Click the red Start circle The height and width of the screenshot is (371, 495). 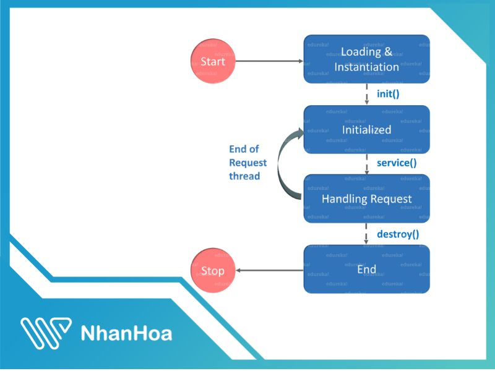pyautogui.click(x=213, y=61)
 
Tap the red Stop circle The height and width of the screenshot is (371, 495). pyautogui.click(x=213, y=271)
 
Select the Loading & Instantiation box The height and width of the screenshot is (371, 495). pyautogui.click(x=366, y=59)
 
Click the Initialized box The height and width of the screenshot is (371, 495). pyautogui.click(x=366, y=129)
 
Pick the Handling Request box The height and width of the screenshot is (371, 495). pyautogui.click(x=366, y=198)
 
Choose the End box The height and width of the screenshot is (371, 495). pyautogui.click(x=366, y=270)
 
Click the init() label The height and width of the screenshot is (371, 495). pyautogui.click(x=389, y=95)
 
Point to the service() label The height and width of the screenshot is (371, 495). pyautogui.click(x=397, y=164)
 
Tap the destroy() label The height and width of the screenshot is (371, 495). pyautogui.click(x=398, y=234)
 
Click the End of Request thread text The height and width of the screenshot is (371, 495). pyautogui.click(x=248, y=163)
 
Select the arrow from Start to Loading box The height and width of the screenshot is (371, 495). pyautogui.click(x=270, y=61)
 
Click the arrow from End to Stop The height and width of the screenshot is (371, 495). pyautogui.click(x=270, y=271)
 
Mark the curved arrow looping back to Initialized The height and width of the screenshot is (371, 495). pyautogui.click(x=282, y=164)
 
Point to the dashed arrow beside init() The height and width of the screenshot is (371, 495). pyautogui.click(x=367, y=94)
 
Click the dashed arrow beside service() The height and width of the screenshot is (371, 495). pyautogui.click(x=367, y=164)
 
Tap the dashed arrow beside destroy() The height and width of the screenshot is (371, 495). pyautogui.click(x=367, y=234)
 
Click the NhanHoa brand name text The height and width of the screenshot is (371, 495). pyautogui.click(x=127, y=333)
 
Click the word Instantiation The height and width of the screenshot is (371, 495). pyautogui.click(x=367, y=67)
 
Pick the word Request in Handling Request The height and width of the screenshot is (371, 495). pyautogui.click(x=390, y=199)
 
